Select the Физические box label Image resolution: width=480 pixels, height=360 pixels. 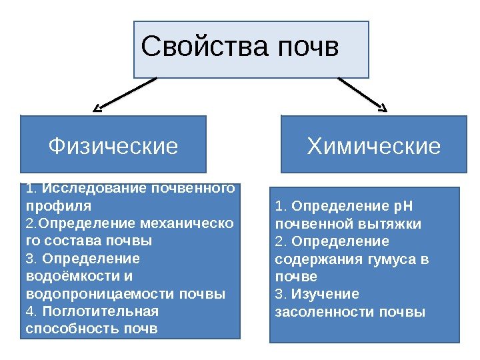point(114,145)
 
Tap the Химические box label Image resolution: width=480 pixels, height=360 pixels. point(374,145)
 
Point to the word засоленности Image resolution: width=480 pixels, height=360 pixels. point(325,312)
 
